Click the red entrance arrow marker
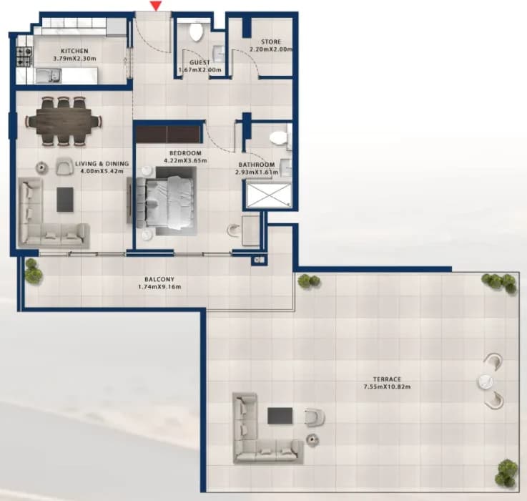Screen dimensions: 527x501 (x=156, y=6)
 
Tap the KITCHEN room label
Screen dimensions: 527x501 (x=74, y=51)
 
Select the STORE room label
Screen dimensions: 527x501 (x=271, y=42)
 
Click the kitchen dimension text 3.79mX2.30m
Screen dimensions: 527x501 (x=74, y=59)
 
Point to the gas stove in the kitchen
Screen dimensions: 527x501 (x=24, y=57)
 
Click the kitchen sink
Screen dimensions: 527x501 (x=49, y=75)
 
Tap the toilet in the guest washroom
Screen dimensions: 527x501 (x=196, y=31)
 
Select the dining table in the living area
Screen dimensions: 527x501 (x=64, y=122)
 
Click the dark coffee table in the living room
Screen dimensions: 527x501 (x=65, y=200)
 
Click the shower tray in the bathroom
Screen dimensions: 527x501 (x=269, y=195)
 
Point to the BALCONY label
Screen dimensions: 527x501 (x=159, y=279)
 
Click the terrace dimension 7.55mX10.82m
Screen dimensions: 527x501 (x=387, y=386)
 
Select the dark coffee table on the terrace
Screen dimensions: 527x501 (x=280, y=416)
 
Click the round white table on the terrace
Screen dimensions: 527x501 (x=485, y=381)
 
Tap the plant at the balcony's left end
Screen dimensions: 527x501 (x=34, y=272)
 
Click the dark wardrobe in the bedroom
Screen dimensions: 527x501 (x=168, y=135)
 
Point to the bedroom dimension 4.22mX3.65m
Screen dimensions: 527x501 (x=185, y=160)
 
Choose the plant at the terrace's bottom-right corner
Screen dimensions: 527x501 (x=507, y=473)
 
